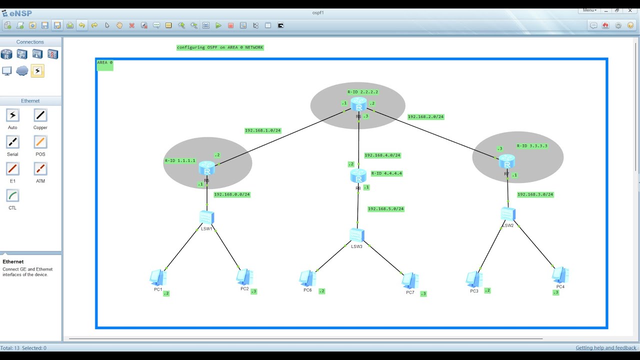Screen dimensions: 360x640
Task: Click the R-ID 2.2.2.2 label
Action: (363, 92)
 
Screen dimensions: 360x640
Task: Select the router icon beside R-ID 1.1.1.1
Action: (206, 168)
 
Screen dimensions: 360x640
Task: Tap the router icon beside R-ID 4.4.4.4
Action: (358, 175)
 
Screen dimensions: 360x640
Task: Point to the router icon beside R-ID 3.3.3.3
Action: (506, 161)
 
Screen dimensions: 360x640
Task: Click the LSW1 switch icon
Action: (206, 217)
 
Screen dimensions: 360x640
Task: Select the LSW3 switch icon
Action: (356, 234)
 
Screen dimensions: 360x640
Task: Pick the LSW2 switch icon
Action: (507, 213)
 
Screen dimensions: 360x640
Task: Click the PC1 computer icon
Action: (158, 277)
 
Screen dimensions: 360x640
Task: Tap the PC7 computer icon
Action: (410, 280)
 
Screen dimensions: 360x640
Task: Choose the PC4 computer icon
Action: (560, 274)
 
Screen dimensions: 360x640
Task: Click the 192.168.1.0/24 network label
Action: (262, 130)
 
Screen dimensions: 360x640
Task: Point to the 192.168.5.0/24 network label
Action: (385, 209)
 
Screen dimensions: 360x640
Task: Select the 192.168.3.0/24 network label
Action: (535, 194)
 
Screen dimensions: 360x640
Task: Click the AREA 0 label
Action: (104, 63)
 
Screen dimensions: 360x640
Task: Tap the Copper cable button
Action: (40, 115)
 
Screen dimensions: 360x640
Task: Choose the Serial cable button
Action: (12, 142)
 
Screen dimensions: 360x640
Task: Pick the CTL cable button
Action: (12, 195)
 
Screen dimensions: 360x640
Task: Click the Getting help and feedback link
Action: (606, 348)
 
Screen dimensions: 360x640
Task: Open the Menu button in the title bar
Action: (589, 10)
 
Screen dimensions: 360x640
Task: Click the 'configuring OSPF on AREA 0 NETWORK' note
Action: (220, 47)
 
